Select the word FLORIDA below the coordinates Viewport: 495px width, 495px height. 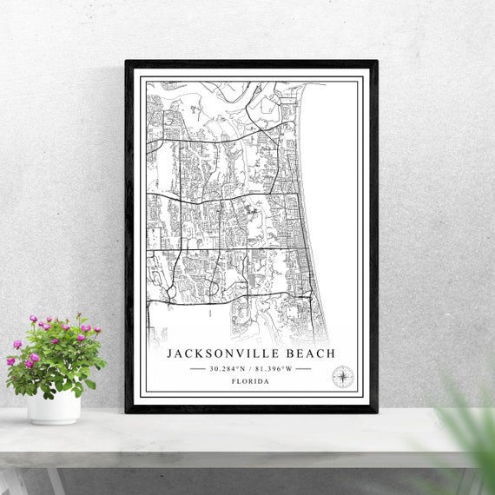(x=250, y=381)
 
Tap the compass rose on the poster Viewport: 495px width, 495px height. (x=343, y=377)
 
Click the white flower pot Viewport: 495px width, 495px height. (x=53, y=406)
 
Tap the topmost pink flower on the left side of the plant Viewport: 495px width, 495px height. (x=33, y=320)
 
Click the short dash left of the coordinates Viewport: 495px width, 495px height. (x=198, y=368)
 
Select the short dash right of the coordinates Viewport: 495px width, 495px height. (x=302, y=368)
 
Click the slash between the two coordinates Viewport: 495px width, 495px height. (x=250, y=368)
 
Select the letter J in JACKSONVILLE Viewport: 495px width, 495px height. (x=170, y=354)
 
